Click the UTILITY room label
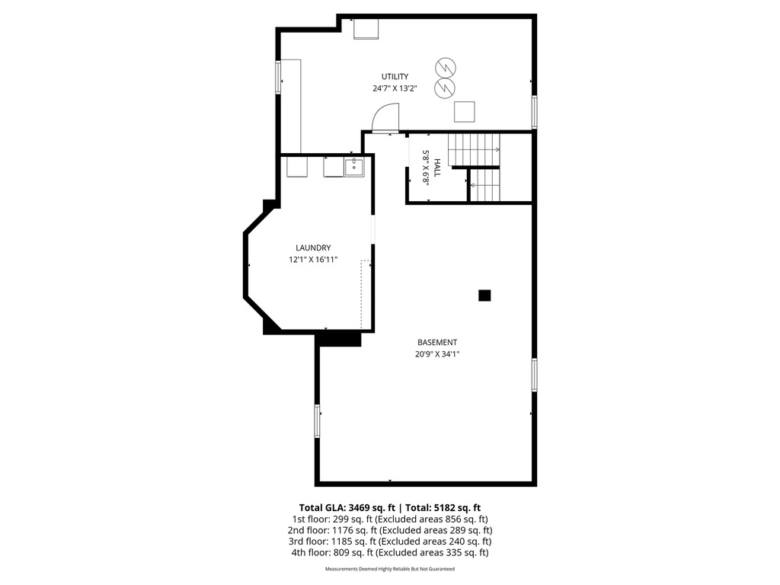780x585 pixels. click(395, 77)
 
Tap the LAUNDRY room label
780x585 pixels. click(313, 248)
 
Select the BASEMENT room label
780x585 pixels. click(437, 342)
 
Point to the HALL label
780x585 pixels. click(437, 168)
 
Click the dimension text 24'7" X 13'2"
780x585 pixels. click(395, 88)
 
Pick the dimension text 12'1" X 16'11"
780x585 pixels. click(313, 260)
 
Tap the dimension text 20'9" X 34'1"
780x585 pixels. click(437, 354)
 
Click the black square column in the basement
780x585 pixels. click(484, 296)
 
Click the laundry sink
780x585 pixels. click(353, 167)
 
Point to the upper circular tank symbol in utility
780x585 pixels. click(446, 67)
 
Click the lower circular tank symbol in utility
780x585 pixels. click(445, 88)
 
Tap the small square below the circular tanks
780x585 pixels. click(464, 112)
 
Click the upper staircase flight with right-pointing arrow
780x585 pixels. click(474, 150)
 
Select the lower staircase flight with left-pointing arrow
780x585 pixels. click(484, 185)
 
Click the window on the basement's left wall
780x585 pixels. click(317, 420)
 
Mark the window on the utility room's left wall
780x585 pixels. click(278, 77)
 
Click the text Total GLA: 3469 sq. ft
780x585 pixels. click(347, 508)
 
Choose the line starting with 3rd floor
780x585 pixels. click(390, 542)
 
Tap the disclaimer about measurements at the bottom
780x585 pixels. click(390, 568)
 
